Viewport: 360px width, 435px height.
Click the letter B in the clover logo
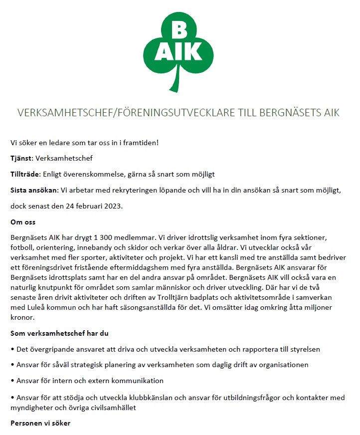coord(179,31)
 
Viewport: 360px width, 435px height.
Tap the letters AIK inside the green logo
coord(179,52)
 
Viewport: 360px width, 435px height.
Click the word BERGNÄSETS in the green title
coord(292,113)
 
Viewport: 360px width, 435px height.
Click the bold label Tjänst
coord(21,159)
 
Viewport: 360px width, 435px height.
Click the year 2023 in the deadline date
coord(111,206)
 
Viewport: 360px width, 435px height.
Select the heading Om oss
coord(23,221)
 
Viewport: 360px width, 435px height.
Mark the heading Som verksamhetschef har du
coord(60,333)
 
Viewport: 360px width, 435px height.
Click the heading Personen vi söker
coord(40,424)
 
